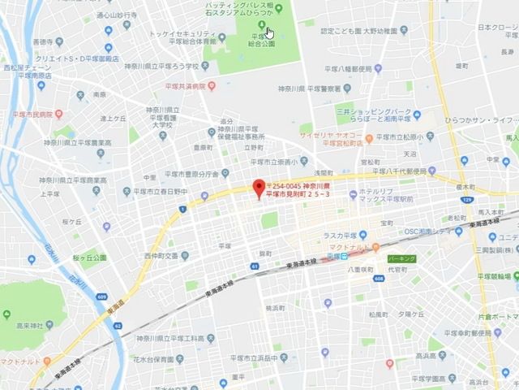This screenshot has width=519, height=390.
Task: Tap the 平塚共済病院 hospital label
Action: click(x=182, y=84)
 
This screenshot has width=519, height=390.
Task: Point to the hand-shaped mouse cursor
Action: click(x=270, y=33)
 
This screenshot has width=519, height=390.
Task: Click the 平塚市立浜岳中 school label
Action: click(x=251, y=358)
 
